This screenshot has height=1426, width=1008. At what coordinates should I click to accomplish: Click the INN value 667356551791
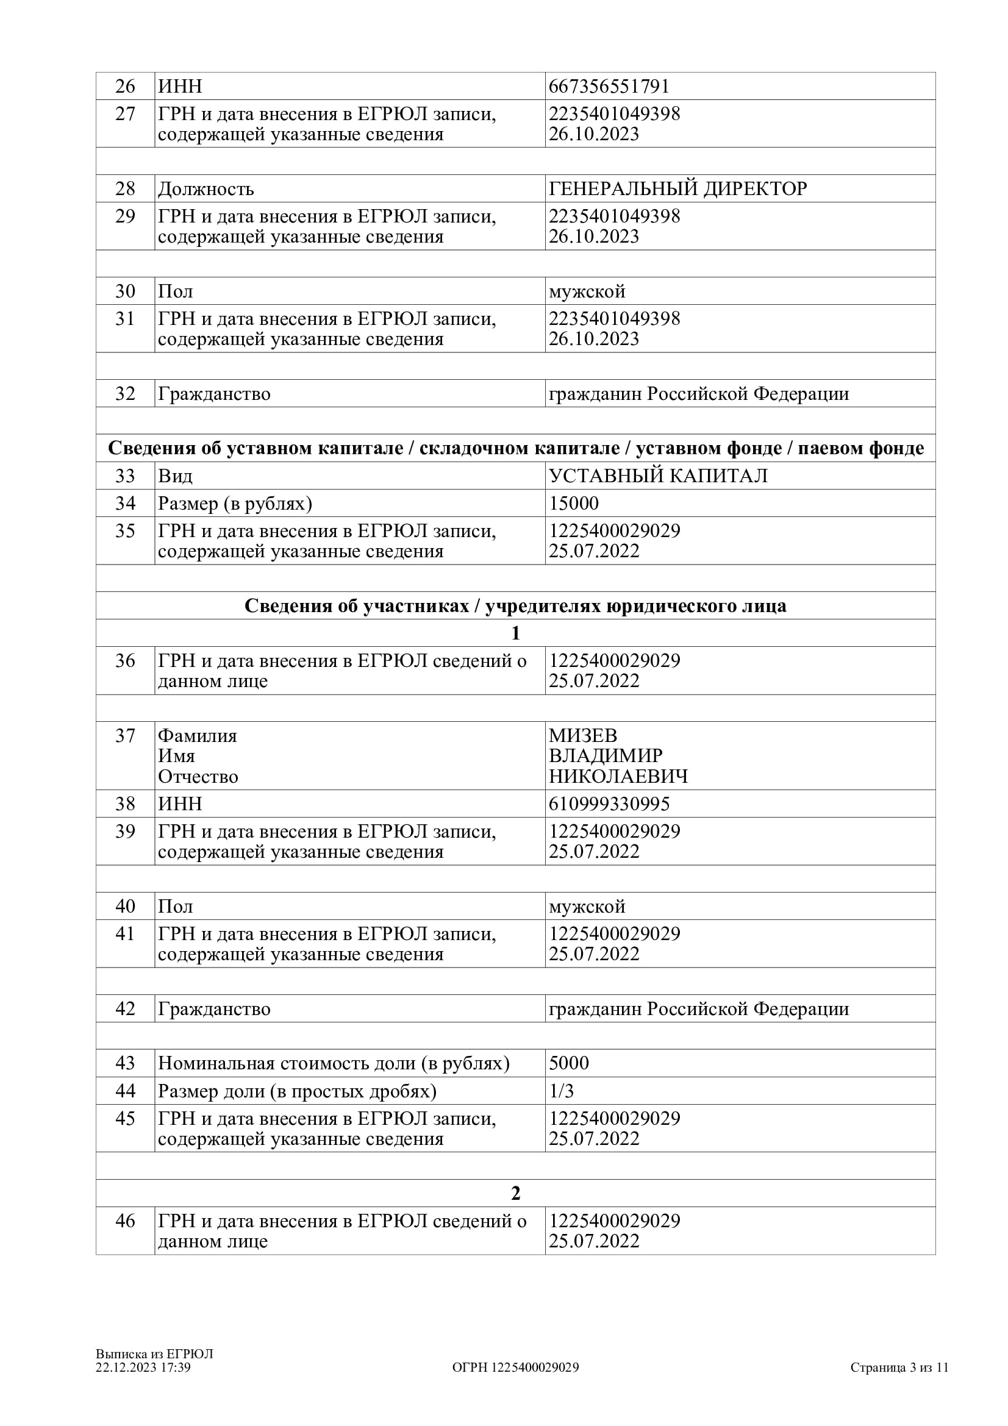click(609, 87)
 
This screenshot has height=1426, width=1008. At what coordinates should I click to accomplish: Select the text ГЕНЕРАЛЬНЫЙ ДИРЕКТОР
click(677, 189)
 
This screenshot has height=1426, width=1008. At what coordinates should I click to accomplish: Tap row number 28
click(125, 189)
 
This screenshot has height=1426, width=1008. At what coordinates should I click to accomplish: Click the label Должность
click(206, 189)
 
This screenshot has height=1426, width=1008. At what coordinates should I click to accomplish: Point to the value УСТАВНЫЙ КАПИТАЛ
click(658, 476)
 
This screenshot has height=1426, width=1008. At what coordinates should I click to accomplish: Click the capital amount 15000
click(573, 503)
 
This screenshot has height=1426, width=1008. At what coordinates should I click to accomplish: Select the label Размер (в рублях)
click(235, 503)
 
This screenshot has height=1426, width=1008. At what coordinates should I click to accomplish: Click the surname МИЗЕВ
click(582, 735)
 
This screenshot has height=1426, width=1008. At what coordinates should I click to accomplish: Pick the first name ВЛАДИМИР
click(606, 756)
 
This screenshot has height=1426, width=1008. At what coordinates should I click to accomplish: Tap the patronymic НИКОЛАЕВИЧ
click(618, 776)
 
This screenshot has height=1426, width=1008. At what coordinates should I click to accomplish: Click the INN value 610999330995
click(609, 804)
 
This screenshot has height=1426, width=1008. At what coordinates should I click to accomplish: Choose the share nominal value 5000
click(569, 1063)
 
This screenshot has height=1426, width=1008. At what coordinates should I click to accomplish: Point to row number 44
click(125, 1091)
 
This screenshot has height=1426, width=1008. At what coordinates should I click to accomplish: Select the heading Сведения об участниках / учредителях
click(515, 605)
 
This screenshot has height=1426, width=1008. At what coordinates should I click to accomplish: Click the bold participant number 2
click(515, 1193)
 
